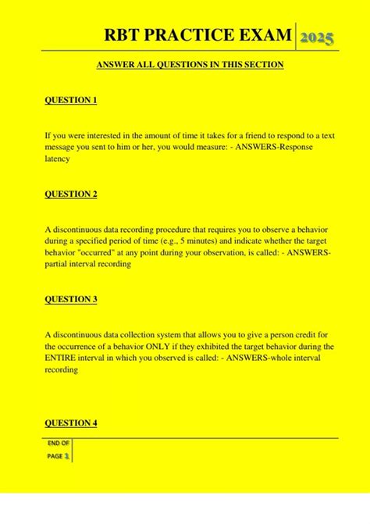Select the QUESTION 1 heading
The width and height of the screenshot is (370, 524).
coord(70,101)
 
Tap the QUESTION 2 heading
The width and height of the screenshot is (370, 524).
coord(70,194)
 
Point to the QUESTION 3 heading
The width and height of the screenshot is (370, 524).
coord(70,299)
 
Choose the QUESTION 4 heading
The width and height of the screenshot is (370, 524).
coord(70,423)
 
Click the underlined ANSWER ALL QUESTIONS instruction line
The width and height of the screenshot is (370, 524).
coord(190,65)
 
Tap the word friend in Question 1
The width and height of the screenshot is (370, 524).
coord(220,135)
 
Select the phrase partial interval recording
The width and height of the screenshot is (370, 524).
coord(87,264)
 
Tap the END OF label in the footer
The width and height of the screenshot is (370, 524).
coord(59,443)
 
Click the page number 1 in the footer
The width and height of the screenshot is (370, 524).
coord(68,454)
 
